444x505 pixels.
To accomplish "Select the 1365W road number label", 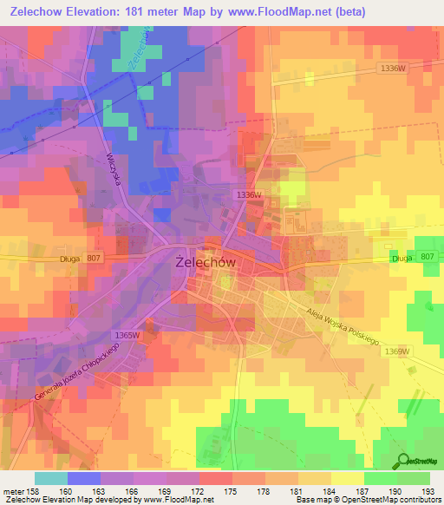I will coord(127,335).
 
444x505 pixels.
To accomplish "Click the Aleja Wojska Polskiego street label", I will coord(343,327).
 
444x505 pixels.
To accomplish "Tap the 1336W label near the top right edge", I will coord(393,68).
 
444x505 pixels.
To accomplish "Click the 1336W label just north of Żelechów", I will coord(247,195).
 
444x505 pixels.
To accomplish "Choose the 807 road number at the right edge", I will coord(426,257).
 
